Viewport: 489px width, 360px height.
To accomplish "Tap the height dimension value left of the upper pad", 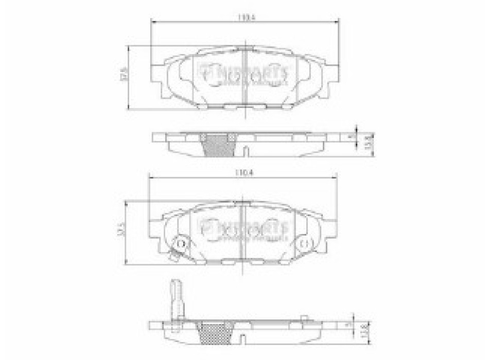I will pos(123,76).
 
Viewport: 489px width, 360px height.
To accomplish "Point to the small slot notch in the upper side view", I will pos(246,152).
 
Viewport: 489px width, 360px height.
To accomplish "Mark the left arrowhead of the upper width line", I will pos(152,21).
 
